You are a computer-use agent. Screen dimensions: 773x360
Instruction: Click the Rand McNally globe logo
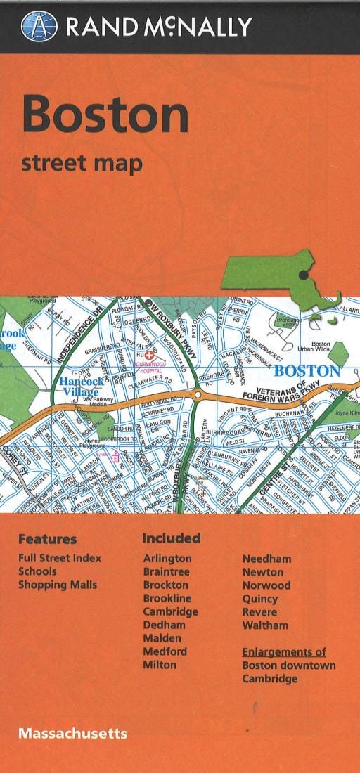(39, 26)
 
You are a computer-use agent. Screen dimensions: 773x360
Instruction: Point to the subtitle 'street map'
(82, 163)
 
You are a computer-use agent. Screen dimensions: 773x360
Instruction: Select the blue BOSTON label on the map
(307, 370)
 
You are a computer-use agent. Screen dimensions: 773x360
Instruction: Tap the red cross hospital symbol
(149, 357)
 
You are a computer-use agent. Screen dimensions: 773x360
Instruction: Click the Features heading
(47, 540)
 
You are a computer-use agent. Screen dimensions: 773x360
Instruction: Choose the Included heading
(171, 538)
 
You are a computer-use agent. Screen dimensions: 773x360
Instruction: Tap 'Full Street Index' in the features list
(60, 558)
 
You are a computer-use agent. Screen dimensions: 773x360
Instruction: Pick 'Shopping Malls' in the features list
(58, 585)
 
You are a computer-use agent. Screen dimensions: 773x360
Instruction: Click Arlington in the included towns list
(167, 559)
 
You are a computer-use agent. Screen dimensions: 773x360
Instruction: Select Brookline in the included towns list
(167, 598)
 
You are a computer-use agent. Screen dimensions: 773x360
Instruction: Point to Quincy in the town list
(260, 599)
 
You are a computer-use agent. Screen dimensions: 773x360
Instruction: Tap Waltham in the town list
(265, 625)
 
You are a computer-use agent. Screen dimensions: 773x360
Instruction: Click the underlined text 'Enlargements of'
(284, 652)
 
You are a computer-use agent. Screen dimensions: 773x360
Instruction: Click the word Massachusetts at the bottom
(73, 733)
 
